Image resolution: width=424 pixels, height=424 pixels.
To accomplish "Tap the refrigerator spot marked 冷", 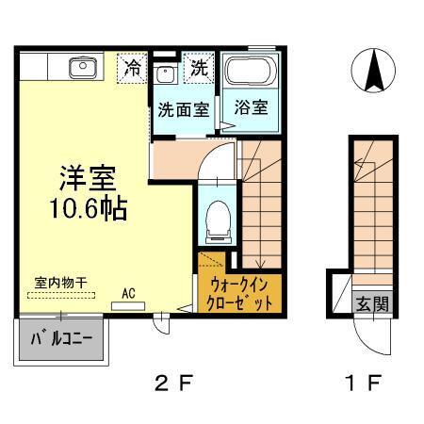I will [x=135, y=69].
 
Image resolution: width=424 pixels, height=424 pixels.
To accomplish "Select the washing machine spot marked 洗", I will [x=200, y=69].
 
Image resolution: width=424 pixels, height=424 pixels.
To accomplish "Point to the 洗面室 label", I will [x=183, y=108].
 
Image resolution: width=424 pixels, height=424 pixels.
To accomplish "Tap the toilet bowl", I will [x=214, y=218].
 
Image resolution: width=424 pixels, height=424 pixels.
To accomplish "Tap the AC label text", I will [x=128, y=293].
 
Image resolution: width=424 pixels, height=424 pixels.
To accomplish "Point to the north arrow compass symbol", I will [x=371, y=69].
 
